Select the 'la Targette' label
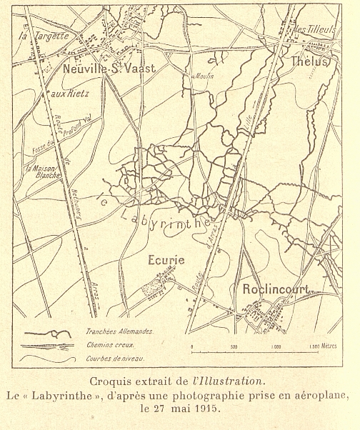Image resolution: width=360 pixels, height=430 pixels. coord(43,34)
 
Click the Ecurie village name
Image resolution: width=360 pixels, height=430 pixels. coord(166,260)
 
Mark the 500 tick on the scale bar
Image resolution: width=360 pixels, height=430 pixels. coord(234,345)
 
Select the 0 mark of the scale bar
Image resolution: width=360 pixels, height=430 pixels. coord(192,345)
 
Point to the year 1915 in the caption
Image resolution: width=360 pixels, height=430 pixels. coord(204,409)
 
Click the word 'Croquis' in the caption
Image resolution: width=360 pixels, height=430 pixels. coord(109,380)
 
